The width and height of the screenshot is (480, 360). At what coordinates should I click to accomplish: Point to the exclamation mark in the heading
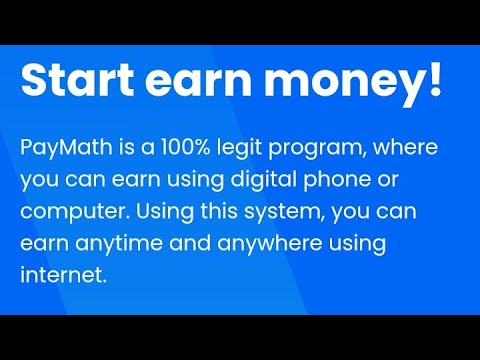point(433,80)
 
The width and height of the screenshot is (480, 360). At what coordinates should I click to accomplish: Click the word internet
point(62,274)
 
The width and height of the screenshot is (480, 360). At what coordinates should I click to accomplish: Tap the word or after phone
point(388,181)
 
